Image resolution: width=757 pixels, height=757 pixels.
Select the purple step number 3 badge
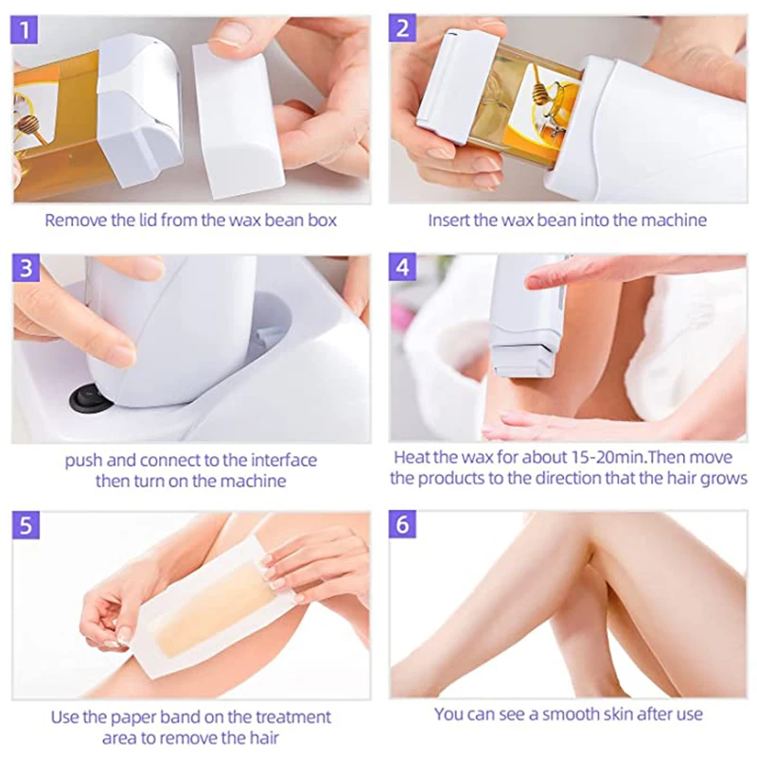point(26,269)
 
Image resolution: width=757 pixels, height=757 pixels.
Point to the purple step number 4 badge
point(404,269)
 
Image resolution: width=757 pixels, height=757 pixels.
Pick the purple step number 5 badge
point(26,524)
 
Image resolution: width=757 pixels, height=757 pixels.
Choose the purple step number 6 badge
point(404,524)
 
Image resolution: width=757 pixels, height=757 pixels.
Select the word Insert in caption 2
point(449,220)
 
